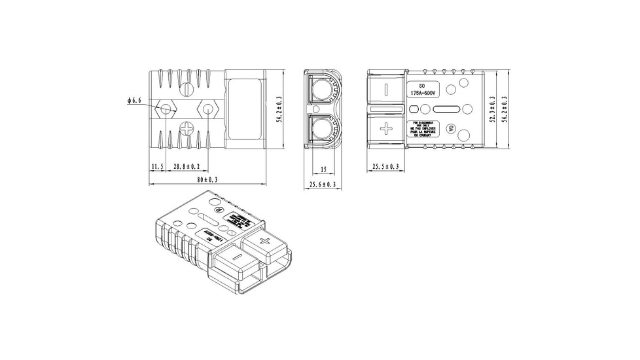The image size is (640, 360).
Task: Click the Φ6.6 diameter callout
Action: click(x=134, y=101)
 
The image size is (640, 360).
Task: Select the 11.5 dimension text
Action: click(x=157, y=168)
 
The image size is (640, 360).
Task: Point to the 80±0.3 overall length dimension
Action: click(x=207, y=179)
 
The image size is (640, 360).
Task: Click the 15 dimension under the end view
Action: click(x=323, y=169)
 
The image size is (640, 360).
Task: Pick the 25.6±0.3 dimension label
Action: click(x=322, y=185)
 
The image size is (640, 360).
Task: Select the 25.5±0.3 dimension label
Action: click(x=385, y=168)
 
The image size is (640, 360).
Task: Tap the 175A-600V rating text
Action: click(x=423, y=94)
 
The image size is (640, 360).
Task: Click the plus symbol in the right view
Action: click(x=386, y=128)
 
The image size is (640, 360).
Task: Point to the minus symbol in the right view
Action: click(x=386, y=88)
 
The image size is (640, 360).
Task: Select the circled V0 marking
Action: click(x=450, y=128)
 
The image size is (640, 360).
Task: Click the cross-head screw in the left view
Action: click(x=187, y=128)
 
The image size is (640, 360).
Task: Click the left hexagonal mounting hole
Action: click(x=166, y=109)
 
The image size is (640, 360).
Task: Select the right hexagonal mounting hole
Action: click(x=209, y=109)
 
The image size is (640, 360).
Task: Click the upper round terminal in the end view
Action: click(x=323, y=89)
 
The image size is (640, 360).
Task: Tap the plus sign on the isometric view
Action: click(x=265, y=242)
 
